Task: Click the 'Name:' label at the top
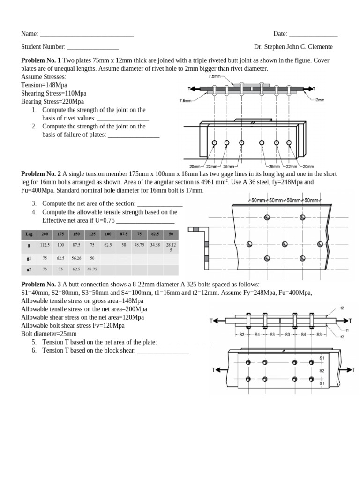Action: pyautogui.click(x=30, y=34)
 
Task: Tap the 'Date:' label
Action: pyautogui.click(x=280, y=34)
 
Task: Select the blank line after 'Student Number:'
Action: pyautogui.click(x=93, y=47)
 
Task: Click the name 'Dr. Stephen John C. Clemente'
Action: pyautogui.click(x=293, y=47)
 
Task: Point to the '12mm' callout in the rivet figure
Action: pyautogui.click(x=319, y=100)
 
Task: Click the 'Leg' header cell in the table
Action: pyautogui.click(x=29, y=234)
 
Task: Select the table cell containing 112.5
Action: pyautogui.click(x=45, y=245)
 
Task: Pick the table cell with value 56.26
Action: pyautogui.click(x=76, y=258)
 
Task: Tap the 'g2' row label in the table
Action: pyautogui.click(x=29, y=270)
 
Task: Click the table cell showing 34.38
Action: pyautogui.click(x=155, y=245)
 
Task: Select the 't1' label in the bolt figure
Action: pyautogui.click(x=347, y=330)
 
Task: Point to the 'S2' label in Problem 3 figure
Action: pyautogui.click(x=322, y=370)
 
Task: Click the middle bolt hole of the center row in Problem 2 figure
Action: pyautogui.click(x=285, y=244)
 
